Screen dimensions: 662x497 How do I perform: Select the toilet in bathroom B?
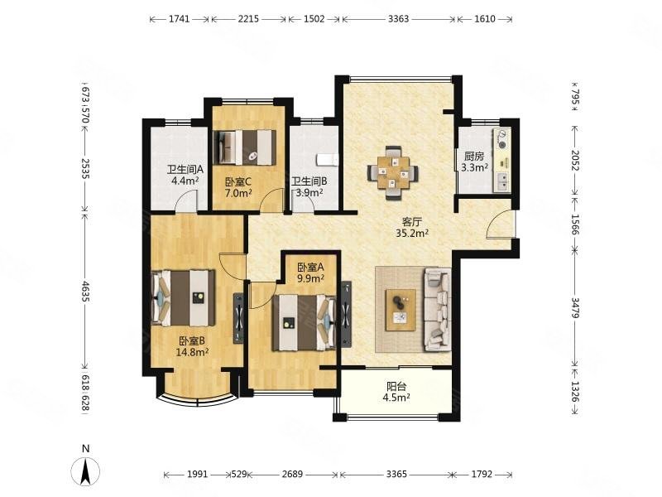(x=327, y=160)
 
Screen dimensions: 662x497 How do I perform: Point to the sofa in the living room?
(x=438, y=309)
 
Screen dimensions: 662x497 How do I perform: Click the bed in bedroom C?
(x=245, y=147)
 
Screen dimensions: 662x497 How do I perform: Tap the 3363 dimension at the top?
(x=399, y=19)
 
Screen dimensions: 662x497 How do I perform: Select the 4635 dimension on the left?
(x=85, y=292)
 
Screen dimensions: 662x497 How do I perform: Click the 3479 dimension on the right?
(x=575, y=308)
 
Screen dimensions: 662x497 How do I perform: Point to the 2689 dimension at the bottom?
(x=292, y=474)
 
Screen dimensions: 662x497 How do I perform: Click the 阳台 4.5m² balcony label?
(x=396, y=391)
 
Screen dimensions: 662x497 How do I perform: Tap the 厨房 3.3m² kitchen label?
(x=474, y=162)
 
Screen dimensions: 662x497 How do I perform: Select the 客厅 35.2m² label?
(x=412, y=227)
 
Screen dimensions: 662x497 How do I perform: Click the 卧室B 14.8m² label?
(x=192, y=346)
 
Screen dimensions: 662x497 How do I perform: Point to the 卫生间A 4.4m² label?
(x=185, y=175)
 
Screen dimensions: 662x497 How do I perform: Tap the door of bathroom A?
(x=185, y=200)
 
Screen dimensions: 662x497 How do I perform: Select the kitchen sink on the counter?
(x=503, y=181)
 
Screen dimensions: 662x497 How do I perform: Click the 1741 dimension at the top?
(x=180, y=19)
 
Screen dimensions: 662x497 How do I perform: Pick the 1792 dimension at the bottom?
(x=482, y=474)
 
